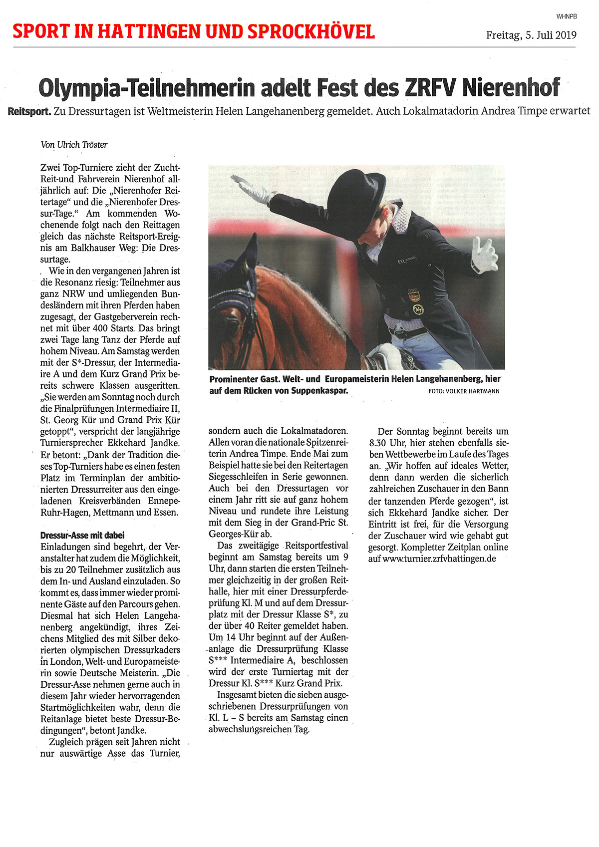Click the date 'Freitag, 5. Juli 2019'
point(531,35)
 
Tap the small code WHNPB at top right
point(567,16)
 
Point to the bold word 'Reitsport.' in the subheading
point(29,111)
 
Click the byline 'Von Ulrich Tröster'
point(74,145)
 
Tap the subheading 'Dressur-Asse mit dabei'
point(82,535)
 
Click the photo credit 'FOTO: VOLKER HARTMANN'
point(464,391)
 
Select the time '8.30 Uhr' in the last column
point(389,443)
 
